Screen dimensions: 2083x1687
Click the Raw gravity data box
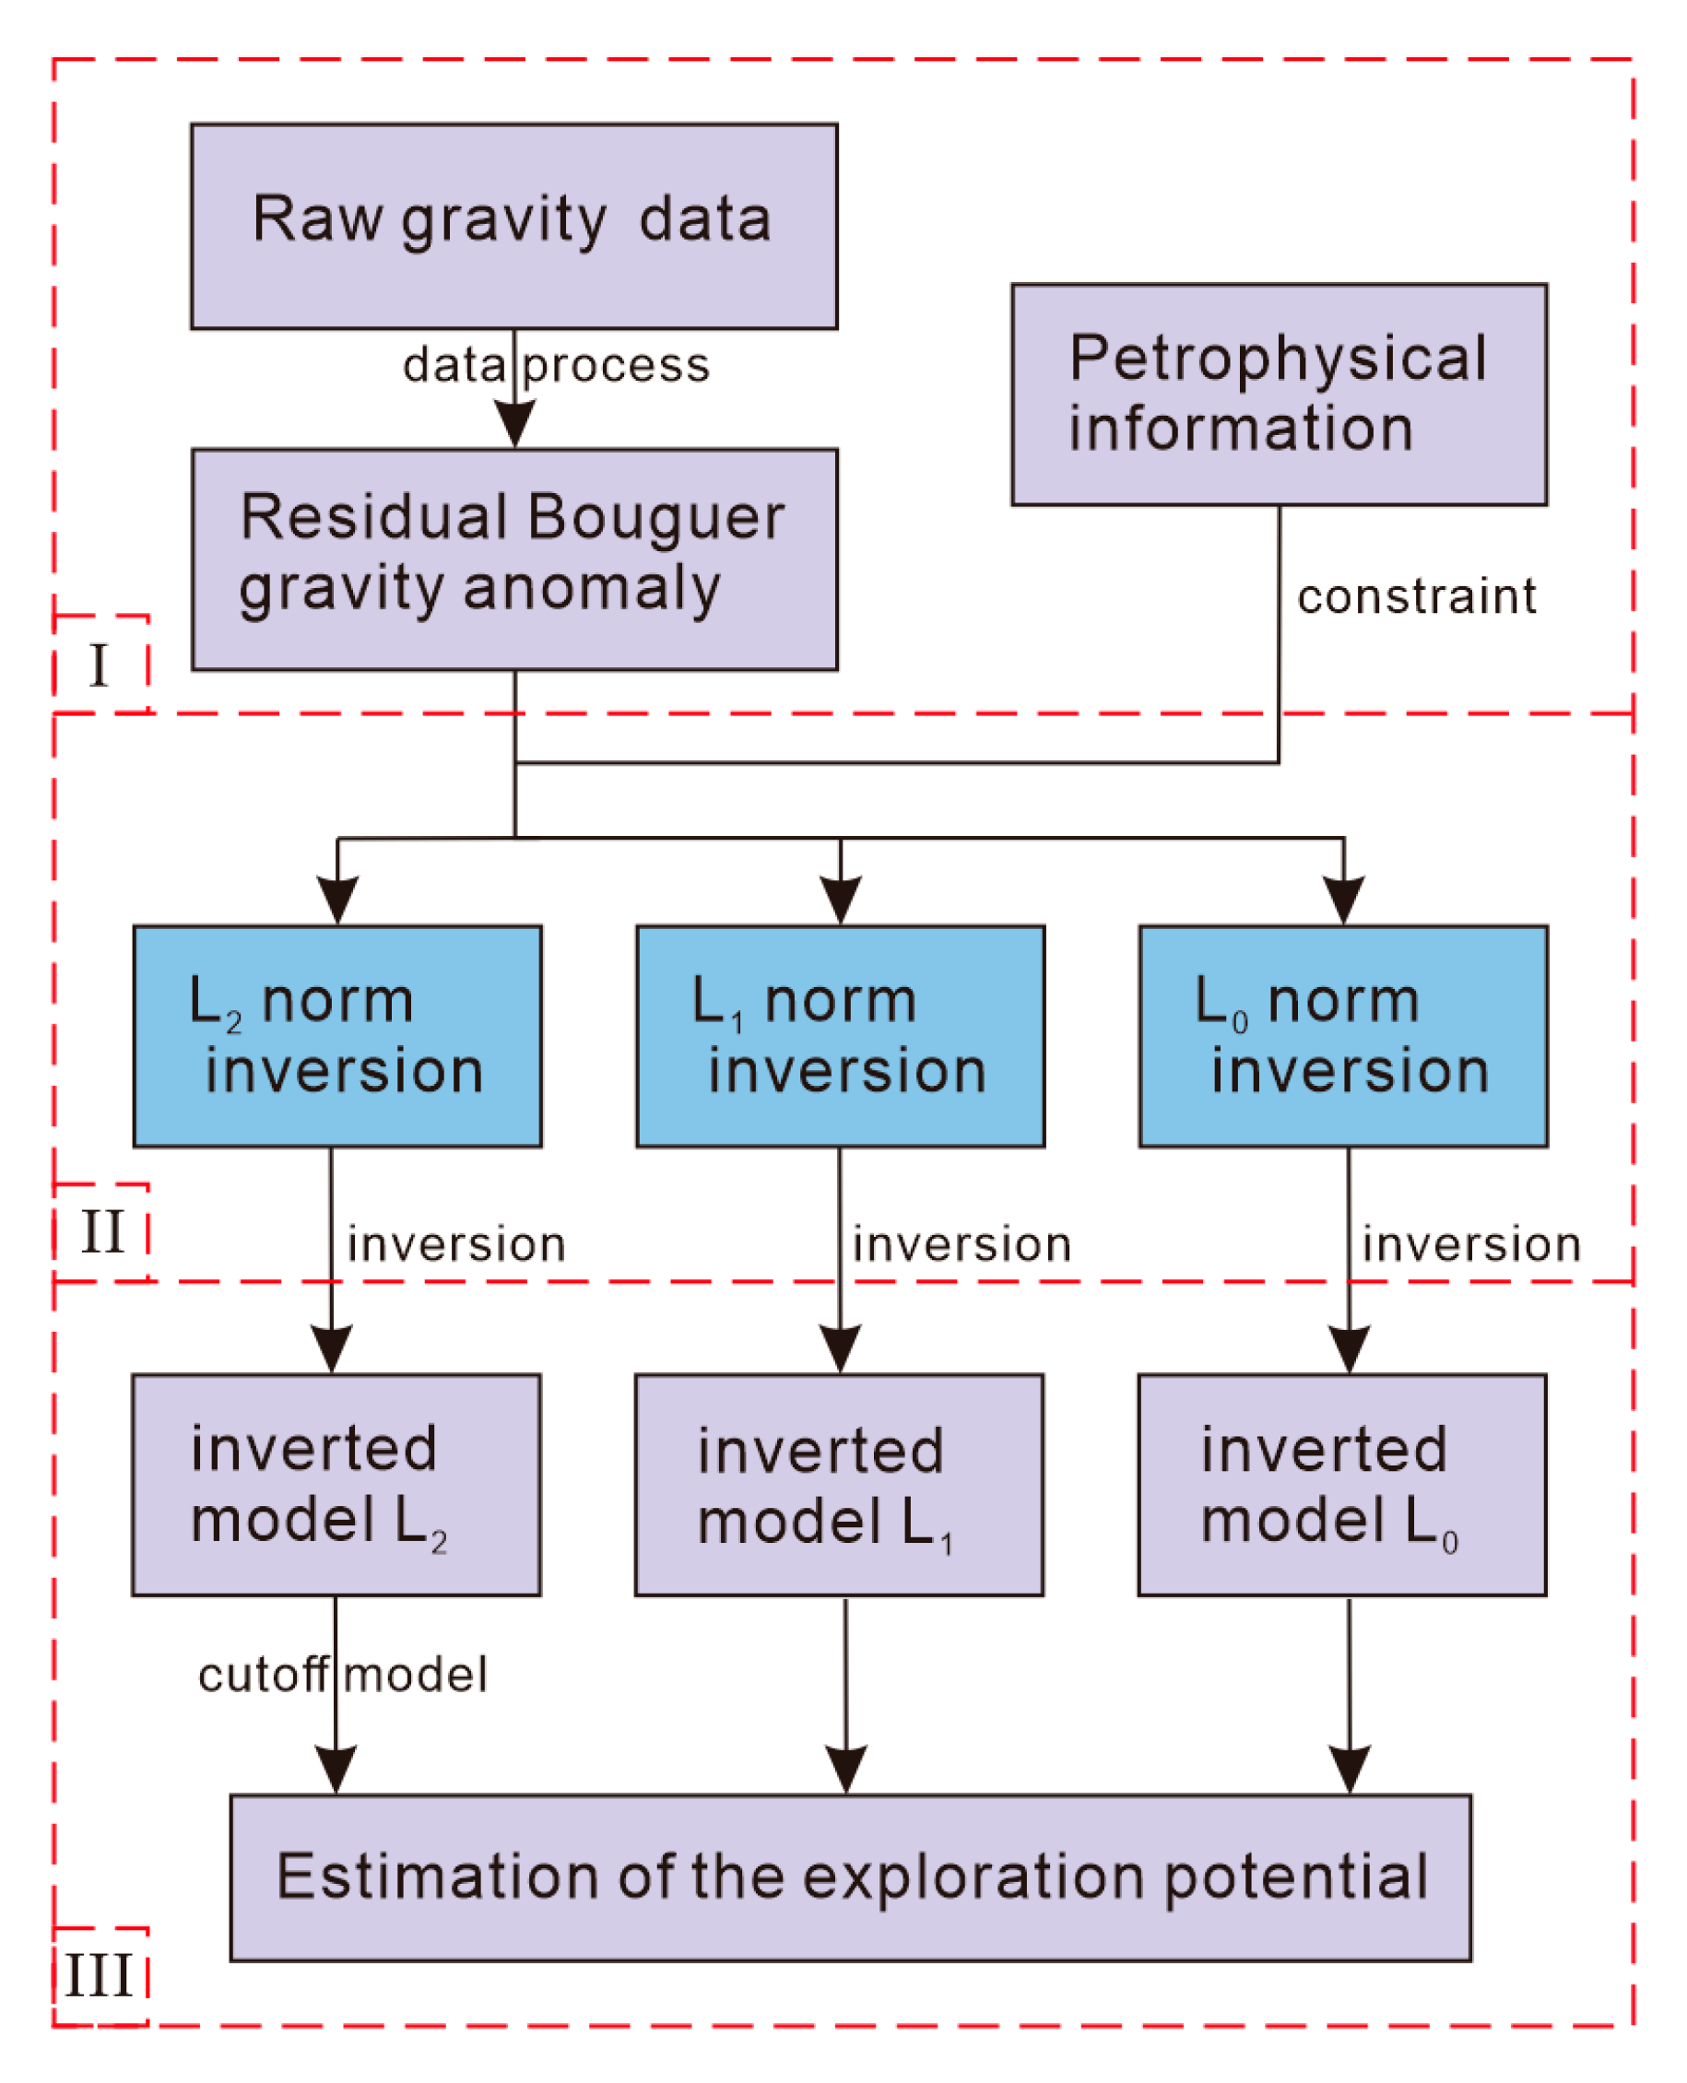(513, 226)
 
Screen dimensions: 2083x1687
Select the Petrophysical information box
(1278, 394)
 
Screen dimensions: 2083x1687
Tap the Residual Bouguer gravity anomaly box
(513, 559)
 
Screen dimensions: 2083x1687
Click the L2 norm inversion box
(337, 1036)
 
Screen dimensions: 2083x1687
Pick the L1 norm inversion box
(840, 1036)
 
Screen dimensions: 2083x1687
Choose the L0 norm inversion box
(1342, 1036)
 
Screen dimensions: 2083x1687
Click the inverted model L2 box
(336, 1485)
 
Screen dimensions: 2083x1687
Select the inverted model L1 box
(839, 1485)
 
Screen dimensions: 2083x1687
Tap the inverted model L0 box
(1341, 1485)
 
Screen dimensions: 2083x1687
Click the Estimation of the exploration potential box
(850, 1877)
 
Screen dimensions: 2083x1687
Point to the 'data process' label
(556, 366)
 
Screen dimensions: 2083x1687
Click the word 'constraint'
(1416, 596)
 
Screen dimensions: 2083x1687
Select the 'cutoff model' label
(342, 1675)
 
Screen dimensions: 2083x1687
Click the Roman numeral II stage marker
(102, 1232)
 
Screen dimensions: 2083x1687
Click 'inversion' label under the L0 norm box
(1470, 1244)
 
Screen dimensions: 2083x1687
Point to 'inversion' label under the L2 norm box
(456, 1244)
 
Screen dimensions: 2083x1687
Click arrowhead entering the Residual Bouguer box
(514, 426)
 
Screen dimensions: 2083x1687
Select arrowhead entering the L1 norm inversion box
(840, 900)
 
